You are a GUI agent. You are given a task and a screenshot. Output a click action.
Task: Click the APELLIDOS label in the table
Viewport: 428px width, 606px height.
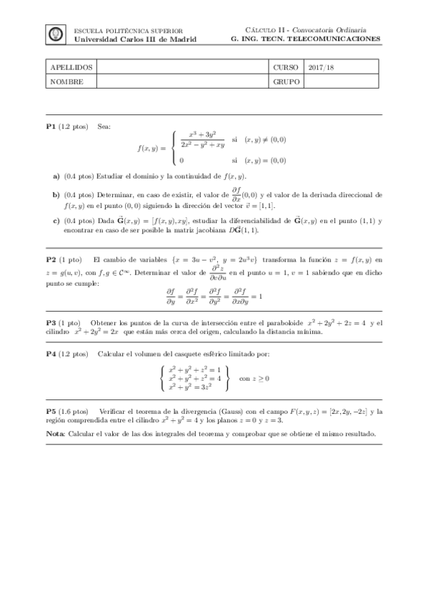click(x=66, y=66)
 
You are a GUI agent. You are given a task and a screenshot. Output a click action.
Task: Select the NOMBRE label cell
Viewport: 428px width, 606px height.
click(x=63, y=81)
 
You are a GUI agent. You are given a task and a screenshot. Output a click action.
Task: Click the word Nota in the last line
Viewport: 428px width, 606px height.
click(x=54, y=434)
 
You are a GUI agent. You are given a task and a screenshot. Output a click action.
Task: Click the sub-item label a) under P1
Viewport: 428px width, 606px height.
click(x=56, y=176)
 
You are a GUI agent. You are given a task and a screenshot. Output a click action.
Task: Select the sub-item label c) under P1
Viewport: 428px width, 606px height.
click(x=56, y=221)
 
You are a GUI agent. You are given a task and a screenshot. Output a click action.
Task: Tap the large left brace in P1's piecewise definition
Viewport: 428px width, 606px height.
click(x=174, y=147)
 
